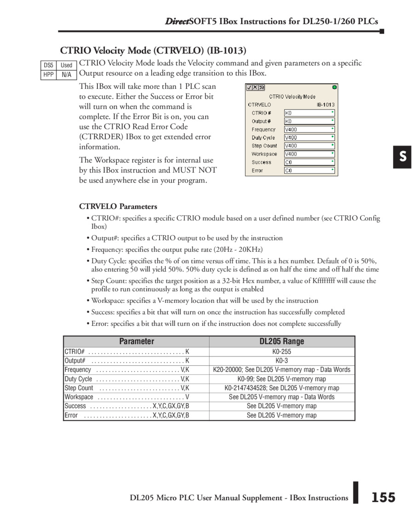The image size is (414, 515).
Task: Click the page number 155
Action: point(383,498)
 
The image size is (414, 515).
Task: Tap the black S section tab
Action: point(402,157)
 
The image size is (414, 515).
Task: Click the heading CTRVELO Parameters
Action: point(118,206)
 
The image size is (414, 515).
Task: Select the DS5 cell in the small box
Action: point(49,65)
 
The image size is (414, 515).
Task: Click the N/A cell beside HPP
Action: point(67,75)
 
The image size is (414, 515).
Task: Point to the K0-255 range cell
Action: point(282,352)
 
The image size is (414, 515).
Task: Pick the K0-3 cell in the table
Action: point(282,361)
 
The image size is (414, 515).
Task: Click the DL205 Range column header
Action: point(282,341)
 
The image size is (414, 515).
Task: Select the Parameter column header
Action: point(137,341)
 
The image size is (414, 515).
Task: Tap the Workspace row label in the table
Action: point(79,397)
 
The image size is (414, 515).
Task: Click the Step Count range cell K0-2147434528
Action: point(282,388)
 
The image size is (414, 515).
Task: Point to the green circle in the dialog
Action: point(334,87)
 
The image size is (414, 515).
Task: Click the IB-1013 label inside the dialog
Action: point(325,104)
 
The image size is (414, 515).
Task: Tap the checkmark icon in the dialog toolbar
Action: point(249,87)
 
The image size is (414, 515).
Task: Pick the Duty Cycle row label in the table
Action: point(79,379)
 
